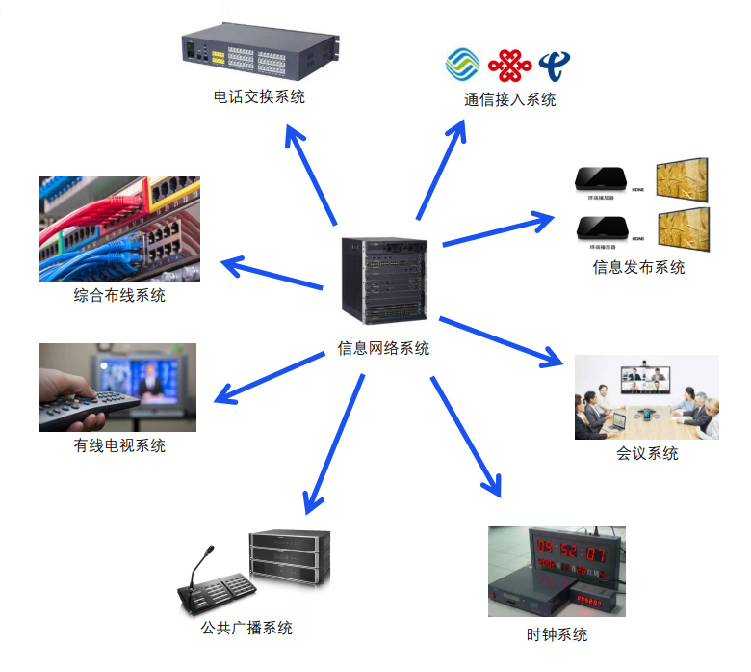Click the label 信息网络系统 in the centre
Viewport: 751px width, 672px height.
(x=383, y=348)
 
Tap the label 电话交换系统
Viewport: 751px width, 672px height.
(x=259, y=97)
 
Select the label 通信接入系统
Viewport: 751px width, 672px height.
(x=509, y=99)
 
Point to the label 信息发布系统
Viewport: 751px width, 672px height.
(x=638, y=267)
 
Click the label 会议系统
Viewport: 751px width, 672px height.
(x=647, y=453)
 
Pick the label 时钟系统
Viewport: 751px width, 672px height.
(x=557, y=634)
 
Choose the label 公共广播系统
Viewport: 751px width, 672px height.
(x=246, y=628)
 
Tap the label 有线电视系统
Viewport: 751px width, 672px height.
(x=119, y=445)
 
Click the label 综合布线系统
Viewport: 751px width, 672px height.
(x=119, y=295)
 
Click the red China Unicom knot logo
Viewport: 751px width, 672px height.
(x=509, y=66)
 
